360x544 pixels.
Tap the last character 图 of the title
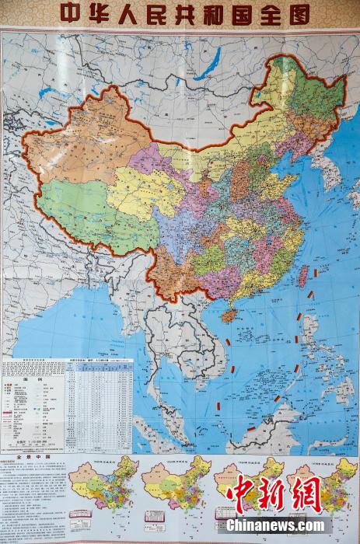[297, 14]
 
